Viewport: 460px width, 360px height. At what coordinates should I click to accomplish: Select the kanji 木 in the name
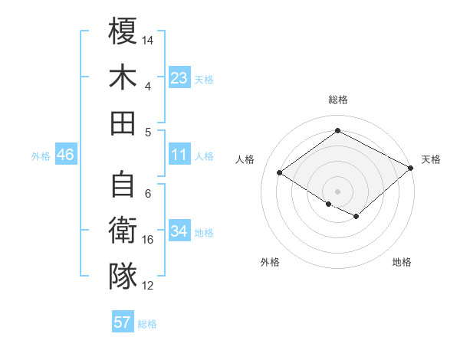(x=123, y=77)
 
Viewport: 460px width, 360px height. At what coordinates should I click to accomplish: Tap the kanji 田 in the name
(x=123, y=123)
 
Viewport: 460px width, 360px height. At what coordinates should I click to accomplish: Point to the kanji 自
(x=123, y=185)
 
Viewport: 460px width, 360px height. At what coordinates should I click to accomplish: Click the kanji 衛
(x=123, y=231)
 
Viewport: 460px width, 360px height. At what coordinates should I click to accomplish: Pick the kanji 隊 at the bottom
(x=123, y=277)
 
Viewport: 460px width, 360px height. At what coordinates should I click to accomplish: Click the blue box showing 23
(x=179, y=78)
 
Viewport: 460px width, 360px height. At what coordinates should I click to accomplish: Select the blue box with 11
(x=179, y=155)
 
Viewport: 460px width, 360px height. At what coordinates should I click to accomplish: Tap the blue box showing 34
(x=179, y=231)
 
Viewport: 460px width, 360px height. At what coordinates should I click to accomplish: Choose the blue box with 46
(x=65, y=155)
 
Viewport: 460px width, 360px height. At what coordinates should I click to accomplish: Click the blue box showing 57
(x=123, y=322)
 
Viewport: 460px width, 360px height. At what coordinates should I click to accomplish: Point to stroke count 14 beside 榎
(x=148, y=40)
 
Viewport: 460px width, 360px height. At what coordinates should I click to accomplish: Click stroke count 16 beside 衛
(x=148, y=240)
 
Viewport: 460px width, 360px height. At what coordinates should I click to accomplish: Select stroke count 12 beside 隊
(x=148, y=286)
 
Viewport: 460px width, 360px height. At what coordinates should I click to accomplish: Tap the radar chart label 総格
(x=338, y=100)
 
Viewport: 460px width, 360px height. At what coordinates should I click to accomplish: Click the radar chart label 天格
(x=431, y=159)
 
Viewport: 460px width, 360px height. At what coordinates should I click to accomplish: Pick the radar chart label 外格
(x=270, y=262)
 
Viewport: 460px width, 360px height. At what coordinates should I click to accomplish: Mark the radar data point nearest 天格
(x=411, y=168)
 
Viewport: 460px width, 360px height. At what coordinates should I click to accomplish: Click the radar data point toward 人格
(x=280, y=173)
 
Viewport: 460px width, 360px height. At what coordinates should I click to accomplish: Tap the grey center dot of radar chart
(x=338, y=190)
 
